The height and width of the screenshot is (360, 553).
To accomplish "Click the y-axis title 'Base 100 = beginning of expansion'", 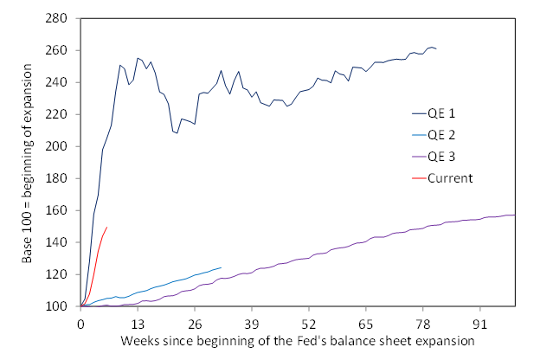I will point(27,163).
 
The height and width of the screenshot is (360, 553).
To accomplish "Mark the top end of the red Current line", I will point(106,227).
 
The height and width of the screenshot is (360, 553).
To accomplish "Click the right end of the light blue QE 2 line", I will point(221,267).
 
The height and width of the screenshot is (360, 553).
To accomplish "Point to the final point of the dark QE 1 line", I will point(436,49).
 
